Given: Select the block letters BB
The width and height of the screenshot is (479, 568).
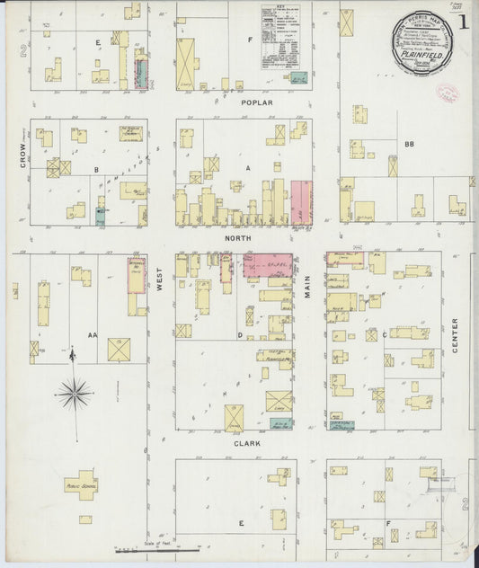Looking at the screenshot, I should tap(409, 144).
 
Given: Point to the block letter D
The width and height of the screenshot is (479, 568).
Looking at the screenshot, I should tap(240, 334).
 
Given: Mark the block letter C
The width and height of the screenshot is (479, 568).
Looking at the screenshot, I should tap(384, 334).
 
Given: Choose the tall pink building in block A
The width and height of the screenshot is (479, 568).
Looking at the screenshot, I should tap(301, 203).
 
